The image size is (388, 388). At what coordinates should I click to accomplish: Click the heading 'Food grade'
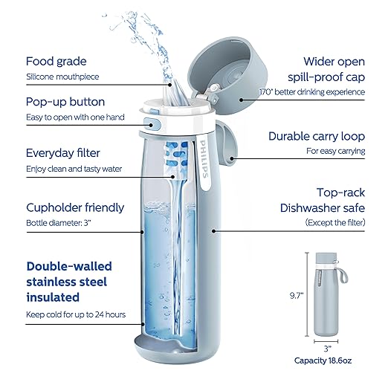point(56,61)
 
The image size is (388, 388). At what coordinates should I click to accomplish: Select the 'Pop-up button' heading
point(65,102)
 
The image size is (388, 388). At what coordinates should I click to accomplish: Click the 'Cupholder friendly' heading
point(75,207)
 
